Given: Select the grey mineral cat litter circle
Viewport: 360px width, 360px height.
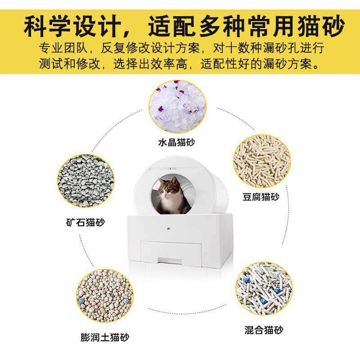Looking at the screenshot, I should click(85, 181).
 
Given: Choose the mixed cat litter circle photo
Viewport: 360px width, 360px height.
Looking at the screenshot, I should click(264, 289).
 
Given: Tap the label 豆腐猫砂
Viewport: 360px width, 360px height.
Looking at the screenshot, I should click(261, 197).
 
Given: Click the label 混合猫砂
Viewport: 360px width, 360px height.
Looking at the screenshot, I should click(265, 330).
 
